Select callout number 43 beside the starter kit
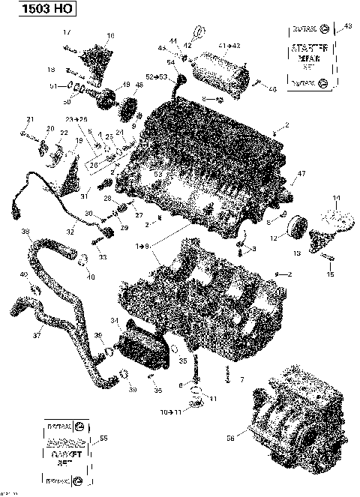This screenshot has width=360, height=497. tap(346, 27)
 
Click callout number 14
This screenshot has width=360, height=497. tap(336, 198)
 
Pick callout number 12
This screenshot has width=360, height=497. tap(274, 238)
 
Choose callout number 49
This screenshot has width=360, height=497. tap(126, 84)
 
